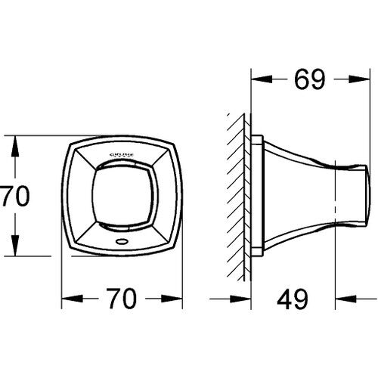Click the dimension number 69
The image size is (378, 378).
click(x=310, y=79)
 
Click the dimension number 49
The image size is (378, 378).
click(x=293, y=299)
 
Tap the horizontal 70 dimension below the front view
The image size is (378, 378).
click(x=122, y=299)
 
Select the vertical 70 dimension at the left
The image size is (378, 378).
click(x=15, y=196)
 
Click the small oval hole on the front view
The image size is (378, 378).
click(x=122, y=241)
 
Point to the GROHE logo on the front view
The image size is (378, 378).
click(x=122, y=155)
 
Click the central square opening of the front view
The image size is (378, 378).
click(x=122, y=196)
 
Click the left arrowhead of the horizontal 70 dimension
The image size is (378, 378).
click(x=73, y=299)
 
